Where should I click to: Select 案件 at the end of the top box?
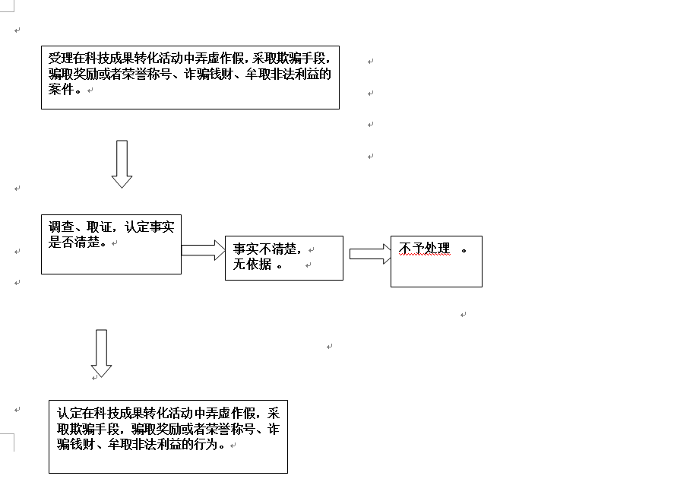pos(61,89)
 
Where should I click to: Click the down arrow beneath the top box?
pos(122,164)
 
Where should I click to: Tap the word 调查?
pos(61,227)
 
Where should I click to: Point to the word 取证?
pos(100,227)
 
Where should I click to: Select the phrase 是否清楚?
pos(74,242)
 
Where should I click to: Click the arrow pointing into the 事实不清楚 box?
pos(204,250)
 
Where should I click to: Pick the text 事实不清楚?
pos(264,249)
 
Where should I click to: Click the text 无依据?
pos(252,264)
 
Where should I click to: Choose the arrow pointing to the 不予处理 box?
pos(370,254)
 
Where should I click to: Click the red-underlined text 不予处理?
pos(424,248)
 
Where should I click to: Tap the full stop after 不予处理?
pos(464,251)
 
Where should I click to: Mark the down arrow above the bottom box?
pos(101,354)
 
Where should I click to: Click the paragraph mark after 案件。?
pos(90,90)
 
